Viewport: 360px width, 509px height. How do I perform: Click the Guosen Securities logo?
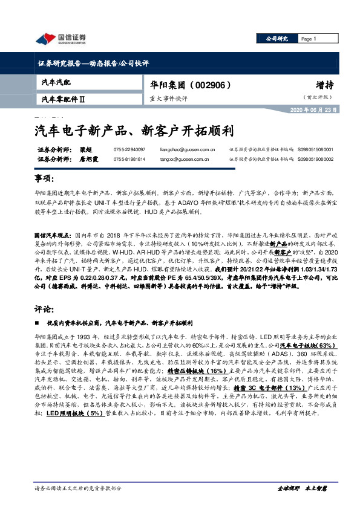61,39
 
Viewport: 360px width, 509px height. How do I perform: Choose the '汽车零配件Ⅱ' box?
64,99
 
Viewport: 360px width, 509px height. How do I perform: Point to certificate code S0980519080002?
316,159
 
